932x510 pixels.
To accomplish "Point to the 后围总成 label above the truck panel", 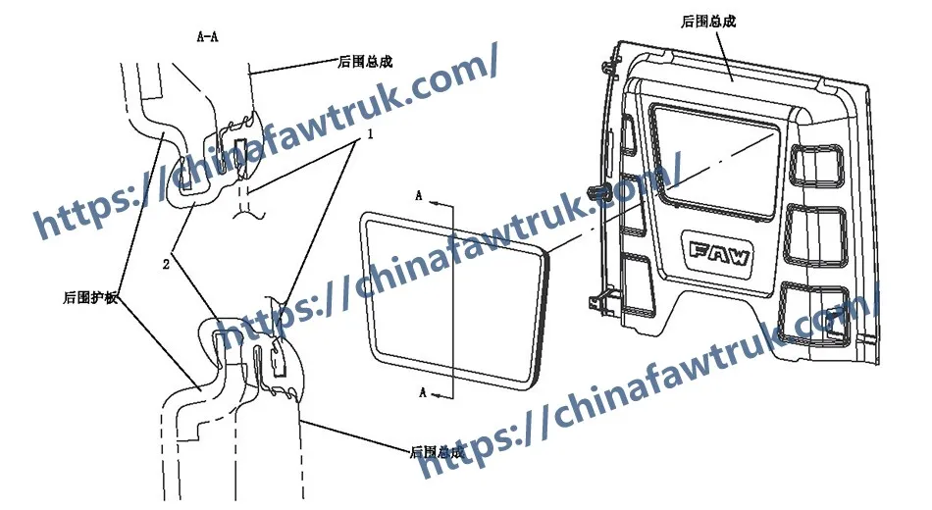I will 708,20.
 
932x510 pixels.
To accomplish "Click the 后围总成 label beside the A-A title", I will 364,62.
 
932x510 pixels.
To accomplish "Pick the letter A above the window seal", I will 419,196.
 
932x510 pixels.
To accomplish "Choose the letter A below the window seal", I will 421,393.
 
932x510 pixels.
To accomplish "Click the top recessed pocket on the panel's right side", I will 814,164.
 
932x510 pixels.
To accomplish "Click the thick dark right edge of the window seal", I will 543,314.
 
